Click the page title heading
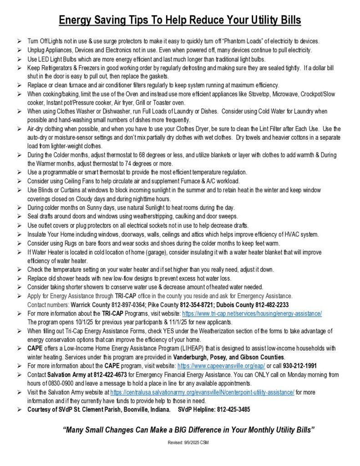coord(180,21)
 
